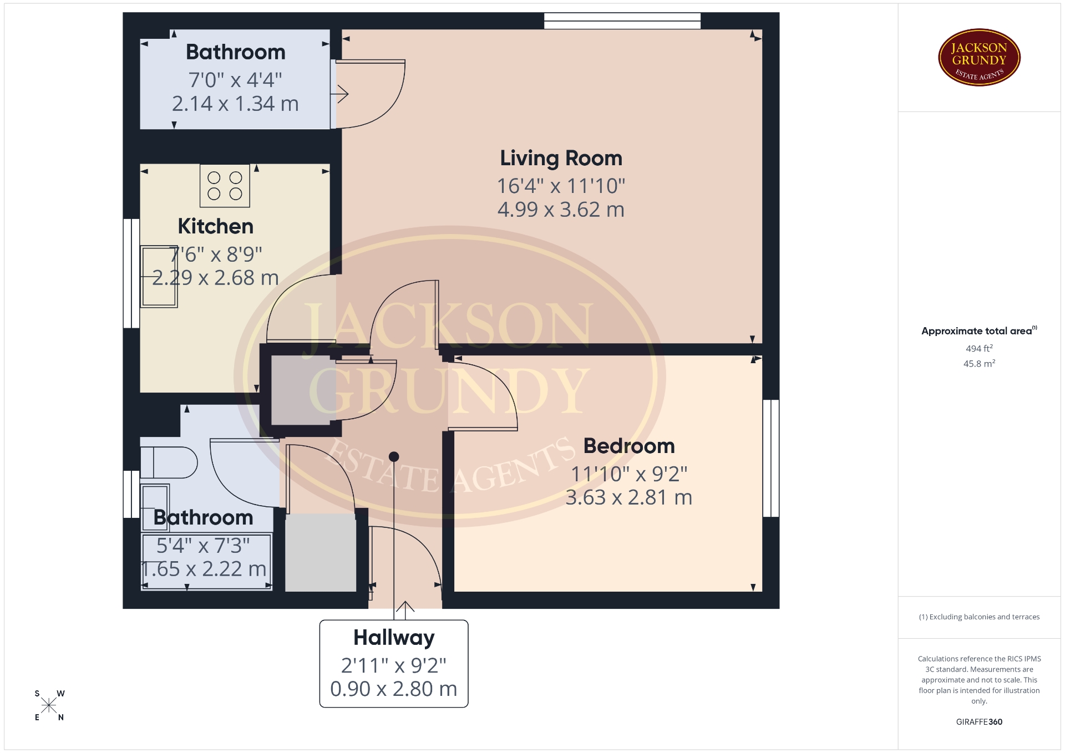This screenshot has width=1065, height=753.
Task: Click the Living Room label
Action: (x=561, y=159)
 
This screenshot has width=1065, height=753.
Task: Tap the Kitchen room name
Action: (x=215, y=226)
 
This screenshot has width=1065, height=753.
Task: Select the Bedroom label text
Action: (x=629, y=446)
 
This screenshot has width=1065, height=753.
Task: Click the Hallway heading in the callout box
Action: (x=394, y=638)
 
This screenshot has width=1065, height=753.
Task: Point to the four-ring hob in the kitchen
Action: (x=225, y=186)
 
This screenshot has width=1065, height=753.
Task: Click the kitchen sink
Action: (x=159, y=277)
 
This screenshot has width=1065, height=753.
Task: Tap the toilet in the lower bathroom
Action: (x=169, y=462)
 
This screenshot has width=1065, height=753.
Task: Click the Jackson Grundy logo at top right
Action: (x=979, y=58)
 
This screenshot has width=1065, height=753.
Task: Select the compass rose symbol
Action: (x=49, y=705)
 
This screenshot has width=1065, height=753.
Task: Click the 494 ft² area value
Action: (x=979, y=348)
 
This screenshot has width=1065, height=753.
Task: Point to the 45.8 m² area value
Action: (x=979, y=364)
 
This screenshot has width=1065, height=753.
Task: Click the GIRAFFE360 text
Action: (x=979, y=722)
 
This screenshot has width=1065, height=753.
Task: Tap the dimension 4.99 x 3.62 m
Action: (x=561, y=210)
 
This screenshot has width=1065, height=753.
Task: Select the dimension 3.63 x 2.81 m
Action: (x=629, y=497)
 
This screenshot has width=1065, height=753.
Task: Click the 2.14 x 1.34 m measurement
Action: (x=235, y=104)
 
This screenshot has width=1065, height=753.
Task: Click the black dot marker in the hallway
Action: (x=394, y=457)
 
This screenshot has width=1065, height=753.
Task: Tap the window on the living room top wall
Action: (x=622, y=21)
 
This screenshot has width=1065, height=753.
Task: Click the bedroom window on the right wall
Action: (x=771, y=459)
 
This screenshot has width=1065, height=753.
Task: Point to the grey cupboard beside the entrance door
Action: (x=321, y=553)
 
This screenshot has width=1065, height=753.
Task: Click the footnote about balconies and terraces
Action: (x=979, y=617)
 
